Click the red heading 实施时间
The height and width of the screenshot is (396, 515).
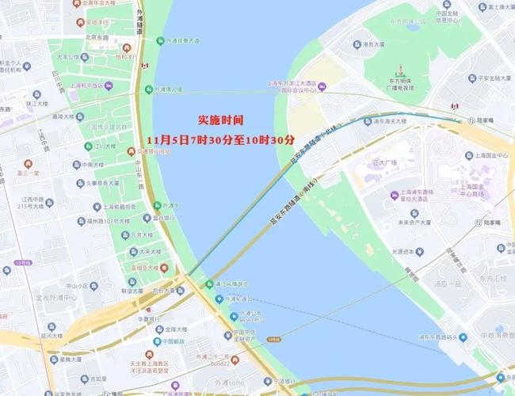click(x=220, y=120)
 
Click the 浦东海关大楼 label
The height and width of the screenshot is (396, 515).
click(x=385, y=122)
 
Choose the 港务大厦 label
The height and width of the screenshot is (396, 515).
click(x=373, y=44)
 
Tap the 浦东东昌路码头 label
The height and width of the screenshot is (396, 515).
click(x=434, y=337)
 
